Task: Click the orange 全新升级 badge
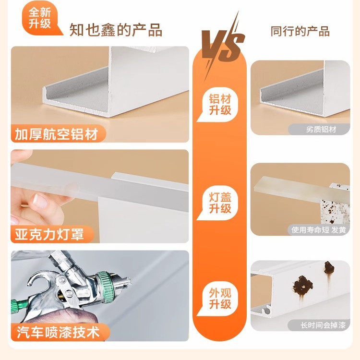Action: tap(40, 18)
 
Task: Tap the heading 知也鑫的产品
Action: tap(116, 30)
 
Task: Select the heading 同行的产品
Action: tap(300, 32)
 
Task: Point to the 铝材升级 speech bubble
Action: tap(220, 105)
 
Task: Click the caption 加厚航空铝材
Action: tap(57, 134)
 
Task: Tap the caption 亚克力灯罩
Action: tap(50, 234)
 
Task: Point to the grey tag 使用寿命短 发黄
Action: tap(319, 229)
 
